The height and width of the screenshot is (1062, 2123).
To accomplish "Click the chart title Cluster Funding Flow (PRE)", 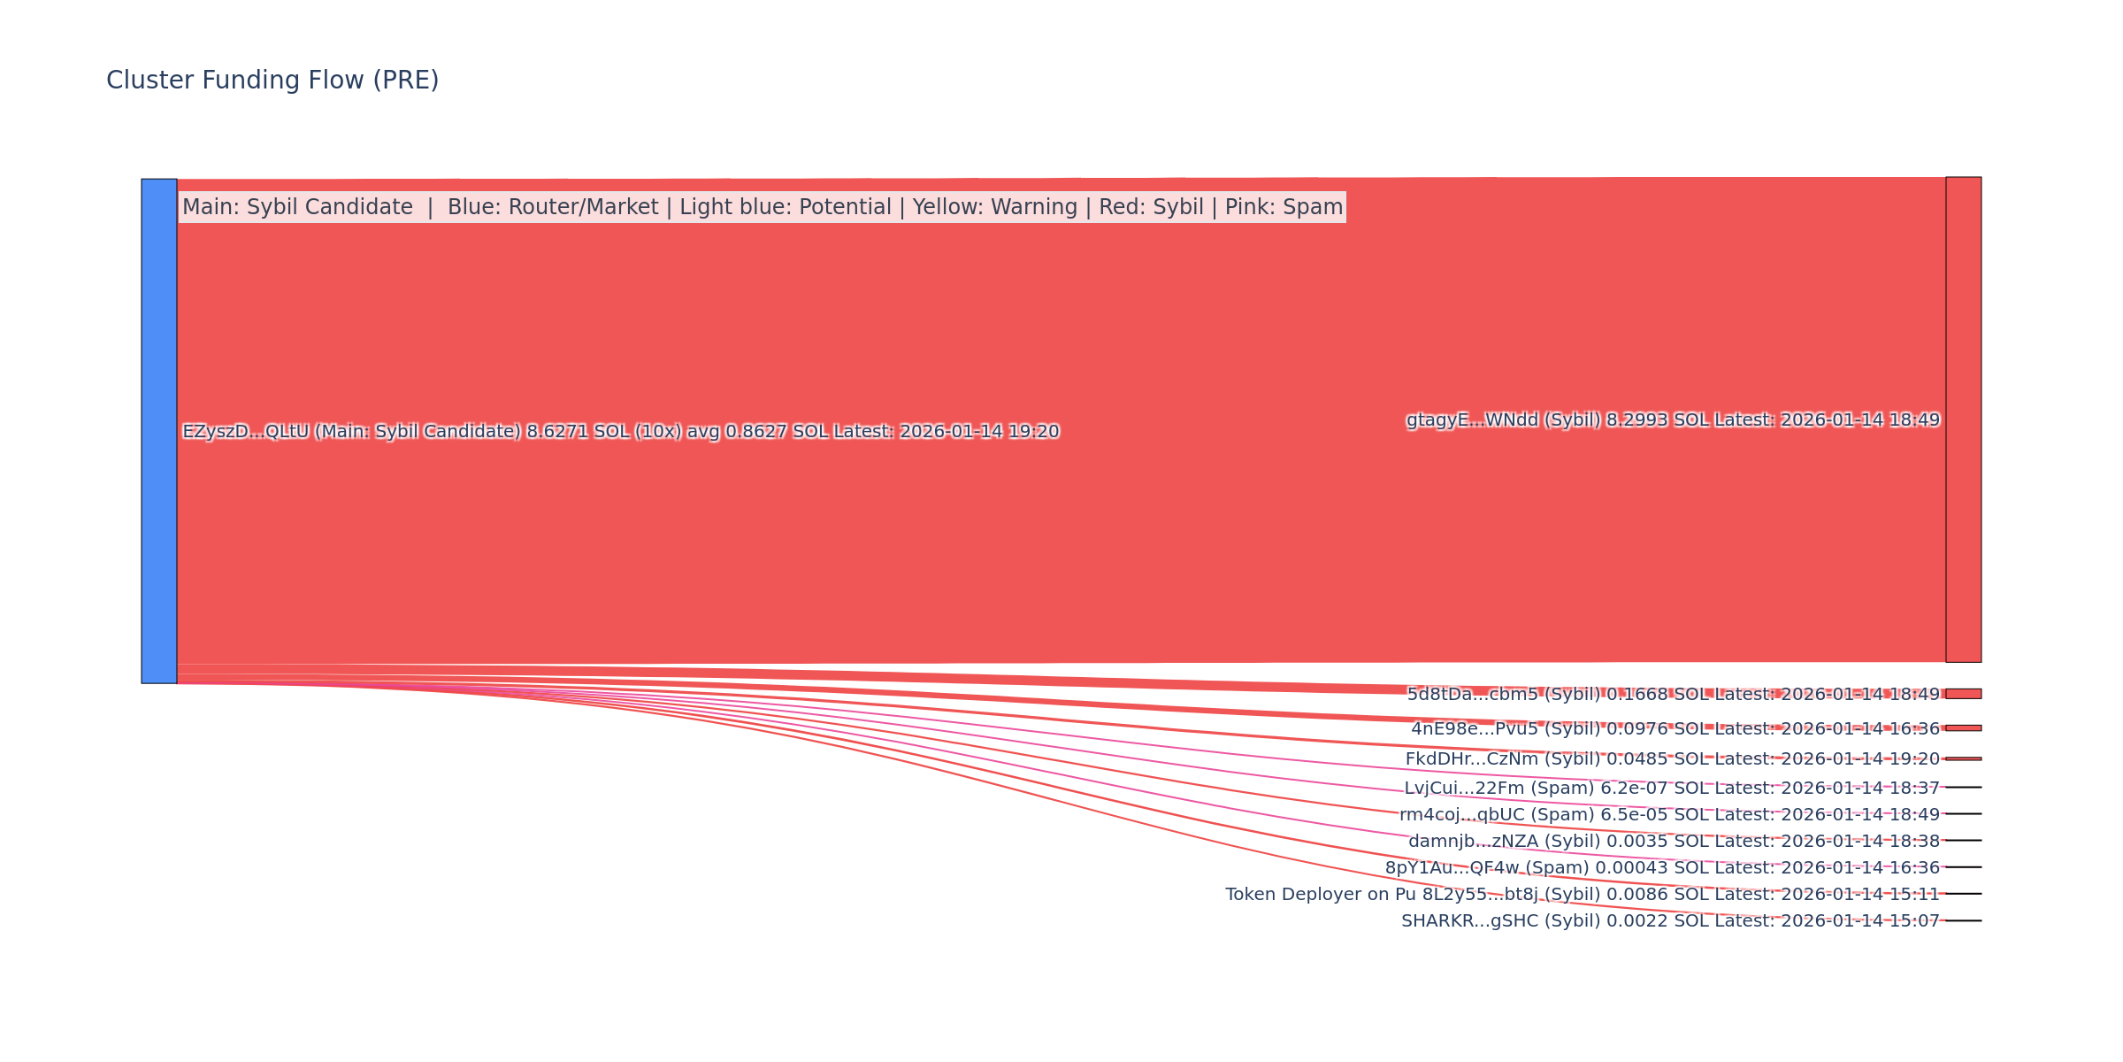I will [x=272, y=81].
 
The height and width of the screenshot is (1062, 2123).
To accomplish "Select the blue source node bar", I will [x=159, y=431].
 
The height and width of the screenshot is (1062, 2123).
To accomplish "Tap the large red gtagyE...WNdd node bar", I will [x=1963, y=419].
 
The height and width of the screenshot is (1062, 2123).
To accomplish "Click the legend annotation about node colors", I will [x=762, y=207].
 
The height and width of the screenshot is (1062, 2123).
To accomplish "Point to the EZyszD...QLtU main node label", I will [x=620, y=432].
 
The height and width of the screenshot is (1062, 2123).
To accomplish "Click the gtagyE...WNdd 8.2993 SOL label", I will [x=1673, y=420].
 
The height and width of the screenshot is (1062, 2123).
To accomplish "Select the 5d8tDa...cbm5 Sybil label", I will [x=1673, y=695].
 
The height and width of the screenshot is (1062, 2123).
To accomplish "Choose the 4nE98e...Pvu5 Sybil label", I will [x=1675, y=729].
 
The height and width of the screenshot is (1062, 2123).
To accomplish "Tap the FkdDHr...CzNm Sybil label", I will [x=1672, y=759].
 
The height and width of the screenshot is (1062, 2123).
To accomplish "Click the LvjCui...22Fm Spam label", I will [x=1671, y=789].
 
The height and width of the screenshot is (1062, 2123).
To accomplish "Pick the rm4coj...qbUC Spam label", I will [x=1669, y=815].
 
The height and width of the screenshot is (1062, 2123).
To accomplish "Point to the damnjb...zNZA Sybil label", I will [x=1674, y=842].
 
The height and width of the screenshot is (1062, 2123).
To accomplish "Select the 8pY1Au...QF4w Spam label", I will [x=1662, y=868].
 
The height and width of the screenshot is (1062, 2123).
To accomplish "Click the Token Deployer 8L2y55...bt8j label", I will [x=1582, y=895].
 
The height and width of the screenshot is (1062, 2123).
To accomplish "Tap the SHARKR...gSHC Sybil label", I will [x=1670, y=921].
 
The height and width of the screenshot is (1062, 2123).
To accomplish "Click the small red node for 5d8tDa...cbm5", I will [x=1963, y=694].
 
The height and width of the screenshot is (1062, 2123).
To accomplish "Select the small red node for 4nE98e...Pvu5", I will [x=1963, y=728].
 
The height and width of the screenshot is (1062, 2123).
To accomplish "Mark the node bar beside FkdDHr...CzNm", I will [x=1963, y=758].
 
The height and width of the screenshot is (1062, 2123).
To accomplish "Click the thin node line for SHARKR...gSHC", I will [x=1963, y=920].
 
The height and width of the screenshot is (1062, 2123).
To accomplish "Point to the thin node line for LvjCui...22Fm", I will [x=1963, y=787].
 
